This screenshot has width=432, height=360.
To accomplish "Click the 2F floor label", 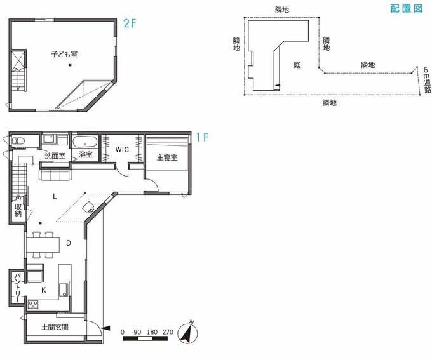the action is point(130,23).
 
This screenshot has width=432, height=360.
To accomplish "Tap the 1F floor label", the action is point(202,137).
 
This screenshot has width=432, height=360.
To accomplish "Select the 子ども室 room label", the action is point(64,54).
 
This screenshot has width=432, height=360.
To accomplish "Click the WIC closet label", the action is point(122,150).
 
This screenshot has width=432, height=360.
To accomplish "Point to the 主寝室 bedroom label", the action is point(167,157).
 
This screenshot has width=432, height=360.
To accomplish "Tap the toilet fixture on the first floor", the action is point(18,142).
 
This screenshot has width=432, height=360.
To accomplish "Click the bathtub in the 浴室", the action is point(85,142).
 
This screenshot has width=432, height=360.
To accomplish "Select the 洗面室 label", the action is point(55,156).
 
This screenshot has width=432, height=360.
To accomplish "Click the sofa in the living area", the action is point(55,175).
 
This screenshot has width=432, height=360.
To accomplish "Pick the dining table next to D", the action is point(43,245).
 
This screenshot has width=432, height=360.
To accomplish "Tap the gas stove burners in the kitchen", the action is point(33,304).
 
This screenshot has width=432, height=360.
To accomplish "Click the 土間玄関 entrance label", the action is point(55,327).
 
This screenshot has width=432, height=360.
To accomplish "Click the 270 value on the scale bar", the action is point(168,332).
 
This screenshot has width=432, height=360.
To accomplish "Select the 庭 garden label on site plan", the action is point(297,65).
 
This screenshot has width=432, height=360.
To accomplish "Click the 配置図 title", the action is point(407,8).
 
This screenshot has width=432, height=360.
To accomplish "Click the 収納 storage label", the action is point(18,210).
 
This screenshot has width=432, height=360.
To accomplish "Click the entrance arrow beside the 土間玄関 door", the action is point(106,328).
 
